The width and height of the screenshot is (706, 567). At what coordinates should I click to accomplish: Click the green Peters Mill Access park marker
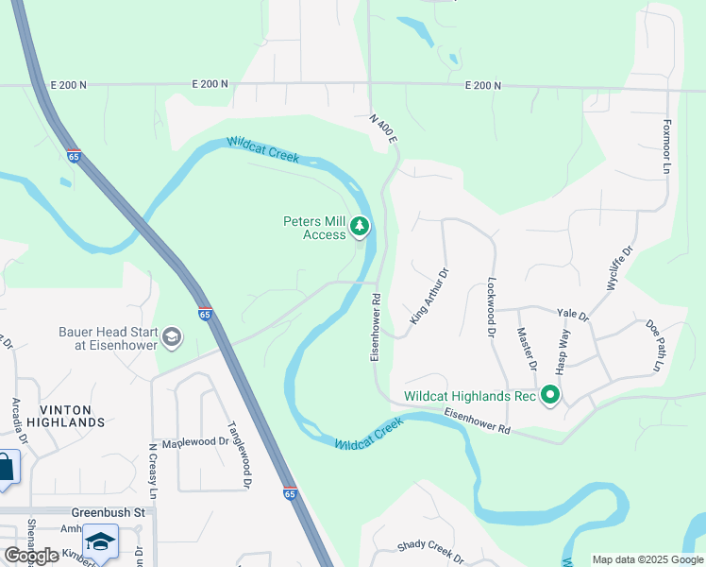pyautogui.click(x=359, y=227)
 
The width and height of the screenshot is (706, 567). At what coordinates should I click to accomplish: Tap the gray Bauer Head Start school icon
pyautogui.click(x=171, y=337)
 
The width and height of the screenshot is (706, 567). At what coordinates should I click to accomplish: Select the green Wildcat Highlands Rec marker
pyautogui.click(x=548, y=396)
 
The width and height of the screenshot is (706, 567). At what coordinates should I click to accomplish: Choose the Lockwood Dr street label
pyautogui.click(x=492, y=307)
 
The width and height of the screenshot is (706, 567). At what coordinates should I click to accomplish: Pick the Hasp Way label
pyautogui.click(x=563, y=349)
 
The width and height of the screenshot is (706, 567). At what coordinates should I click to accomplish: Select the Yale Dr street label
pyautogui.click(x=573, y=314)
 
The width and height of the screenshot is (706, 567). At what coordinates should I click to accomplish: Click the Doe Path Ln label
pyautogui.click(x=655, y=344)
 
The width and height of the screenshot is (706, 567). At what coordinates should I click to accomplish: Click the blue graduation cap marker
pyautogui.click(x=100, y=541)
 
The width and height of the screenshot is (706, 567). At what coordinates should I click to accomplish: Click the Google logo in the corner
pyautogui.click(x=32, y=555)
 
